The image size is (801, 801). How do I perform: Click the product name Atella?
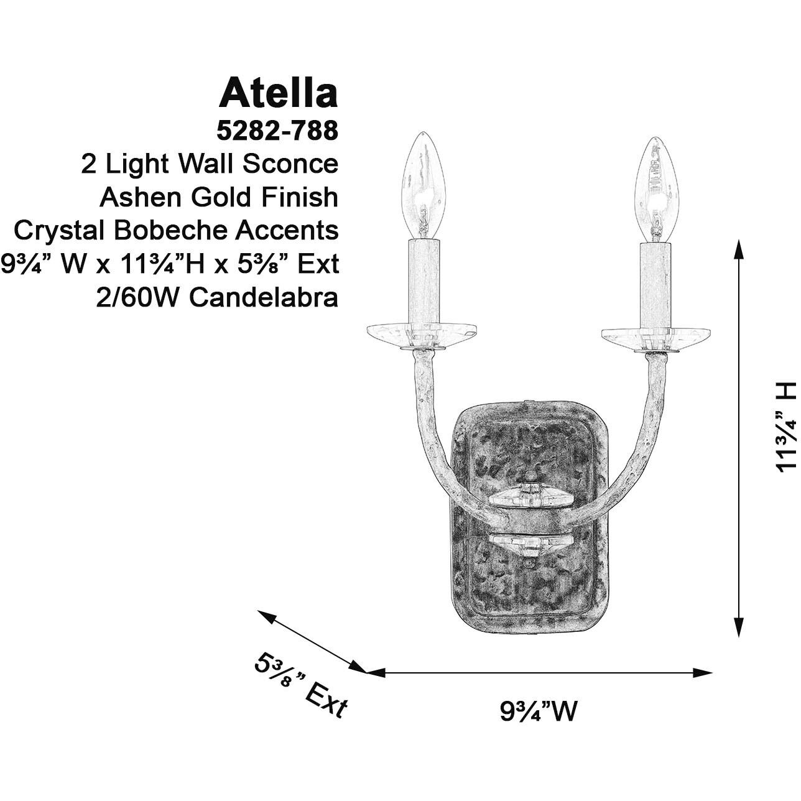tap(278, 93)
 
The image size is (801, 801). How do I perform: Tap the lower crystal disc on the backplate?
tap(529, 542)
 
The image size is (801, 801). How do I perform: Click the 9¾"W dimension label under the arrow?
tap(539, 711)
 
